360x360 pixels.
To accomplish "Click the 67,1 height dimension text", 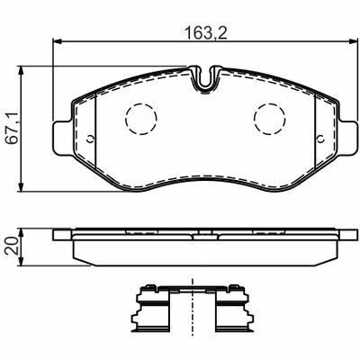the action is (x=13, y=128).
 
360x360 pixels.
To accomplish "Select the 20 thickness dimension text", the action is (x=12, y=246).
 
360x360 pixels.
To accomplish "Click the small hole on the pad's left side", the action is (x=90, y=139).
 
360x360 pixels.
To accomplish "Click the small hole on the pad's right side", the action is (x=321, y=139).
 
